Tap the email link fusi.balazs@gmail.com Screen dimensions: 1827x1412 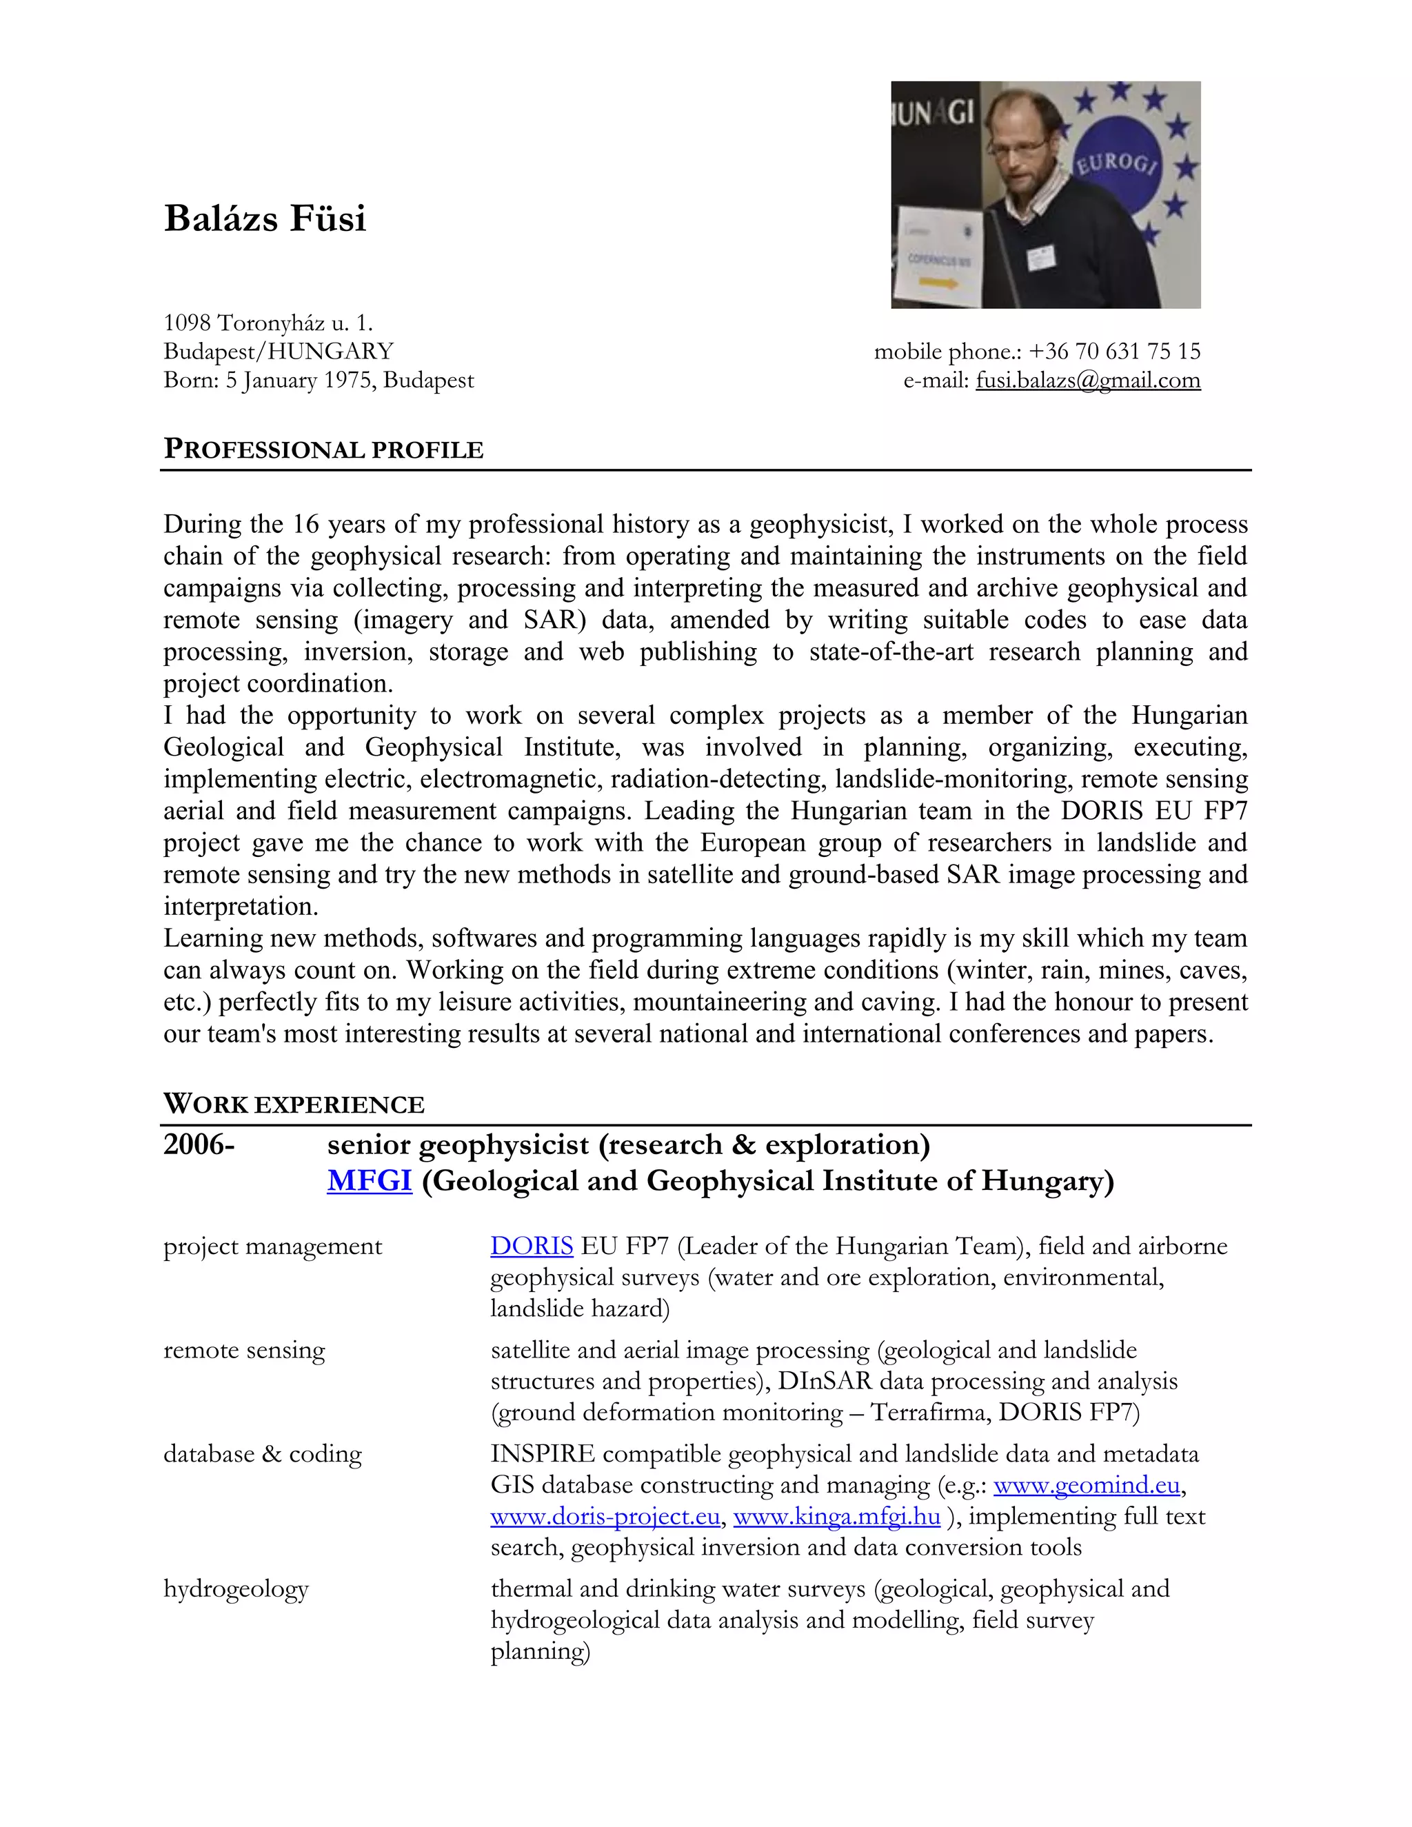tap(1087, 381)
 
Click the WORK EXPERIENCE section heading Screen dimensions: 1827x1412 tap(294, 1105)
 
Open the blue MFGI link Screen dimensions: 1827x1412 tap(369, 1180)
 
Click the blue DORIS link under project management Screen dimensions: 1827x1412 tap(531, 1246)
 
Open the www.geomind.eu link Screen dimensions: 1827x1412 tap(1086, 1485)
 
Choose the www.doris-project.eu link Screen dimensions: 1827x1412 tap(605, 1516)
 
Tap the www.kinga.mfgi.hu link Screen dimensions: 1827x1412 tap(836, 1516)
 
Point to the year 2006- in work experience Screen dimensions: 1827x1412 tap(199, 1144)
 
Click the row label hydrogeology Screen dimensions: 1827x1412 tap(236, 1588)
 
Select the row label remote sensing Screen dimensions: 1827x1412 tap(244, 1350)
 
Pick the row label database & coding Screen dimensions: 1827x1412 tap(263, 1454)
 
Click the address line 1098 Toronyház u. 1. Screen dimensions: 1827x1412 tap(268, 323)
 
